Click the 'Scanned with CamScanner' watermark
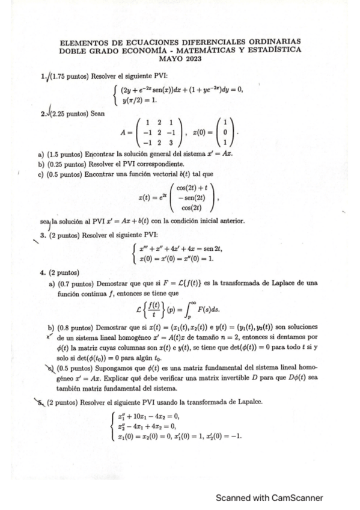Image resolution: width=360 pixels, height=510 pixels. [x=270, y=497]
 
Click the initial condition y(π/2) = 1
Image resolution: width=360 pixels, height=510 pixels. [x=141, y=100]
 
